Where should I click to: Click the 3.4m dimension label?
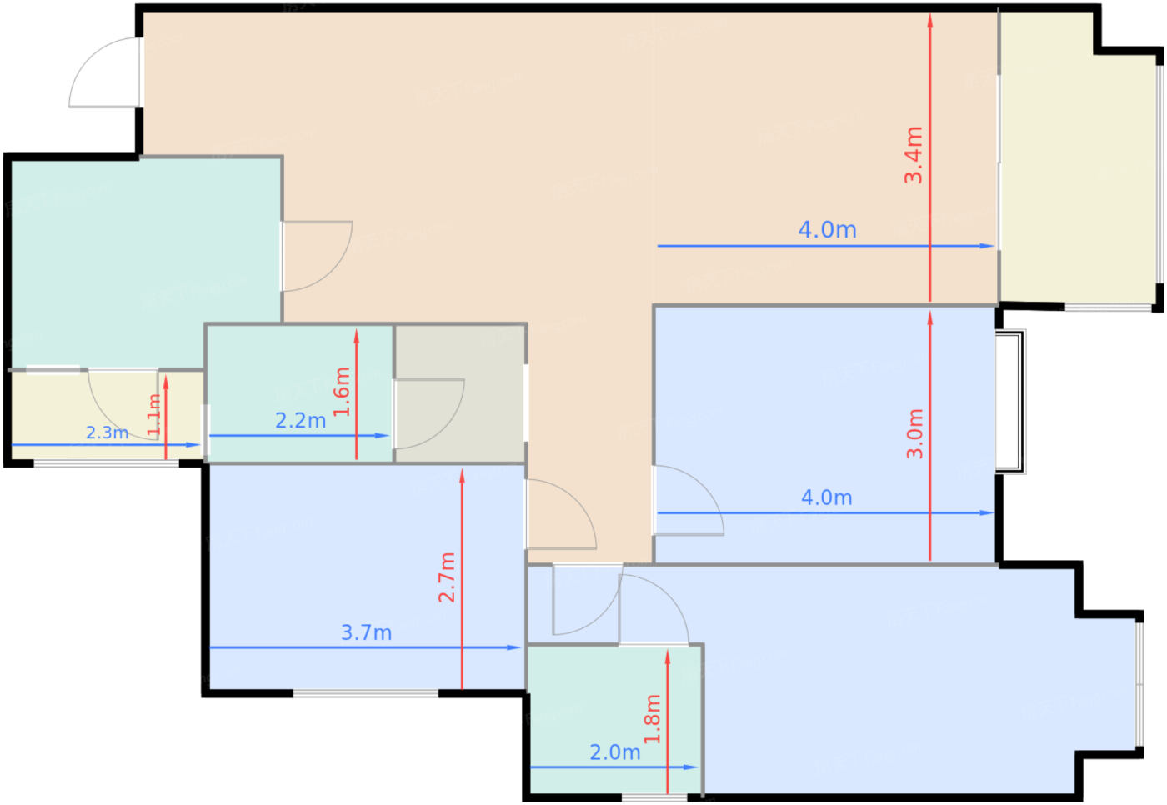pyautogui.click(x=914, y=155)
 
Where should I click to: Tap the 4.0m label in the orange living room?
pyautogui.click(x=827, y=230)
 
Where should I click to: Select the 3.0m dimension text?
pyautogui.click(x=915, y=433)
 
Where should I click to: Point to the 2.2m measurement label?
pyautogui.click(x=301, y=420)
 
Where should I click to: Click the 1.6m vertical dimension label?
pyautogui.click(x=342, y=392)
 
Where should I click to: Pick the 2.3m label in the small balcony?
pyautogui.click(x=107, y=432)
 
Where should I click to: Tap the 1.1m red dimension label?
pyautogui.click(x=154, y=414)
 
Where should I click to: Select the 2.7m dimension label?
pyautogui.click(x=447, y=577)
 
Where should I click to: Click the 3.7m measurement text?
pyautogui.click(x=366, y=632)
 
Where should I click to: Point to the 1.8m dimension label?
pyautogui.click(x=652, y=719)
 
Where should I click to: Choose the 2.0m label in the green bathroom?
pyautogui.click(x=615, y=752)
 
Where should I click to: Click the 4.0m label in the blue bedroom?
pyautogui.click(x=827, y=497)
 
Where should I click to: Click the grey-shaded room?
pyautogui.click(x=460, y=393)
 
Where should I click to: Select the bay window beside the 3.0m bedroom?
pyautogui.click(x=1010, y=402)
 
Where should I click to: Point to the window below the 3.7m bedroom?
pyautogui.click(x=366, y=693)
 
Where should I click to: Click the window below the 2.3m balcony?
pyautogui.click(x=107, y=463)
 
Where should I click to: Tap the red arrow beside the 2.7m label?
pyautogui.click(x=462, y=579)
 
